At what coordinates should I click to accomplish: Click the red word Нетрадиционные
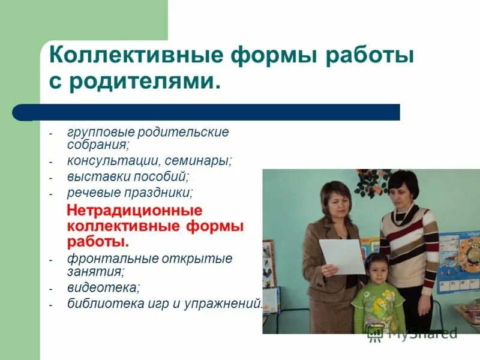point(134,211)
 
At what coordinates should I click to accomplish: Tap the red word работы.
point(97,242)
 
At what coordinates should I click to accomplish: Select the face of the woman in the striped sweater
point(400,190)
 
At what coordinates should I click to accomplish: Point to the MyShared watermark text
point(420,333)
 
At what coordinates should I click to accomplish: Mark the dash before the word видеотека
point(52,289)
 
